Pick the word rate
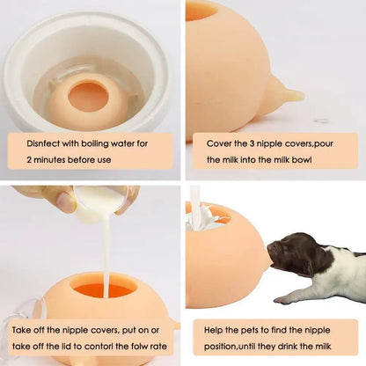point(166,348)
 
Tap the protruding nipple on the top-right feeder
point(287,92)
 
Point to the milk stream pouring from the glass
point(104,255)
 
